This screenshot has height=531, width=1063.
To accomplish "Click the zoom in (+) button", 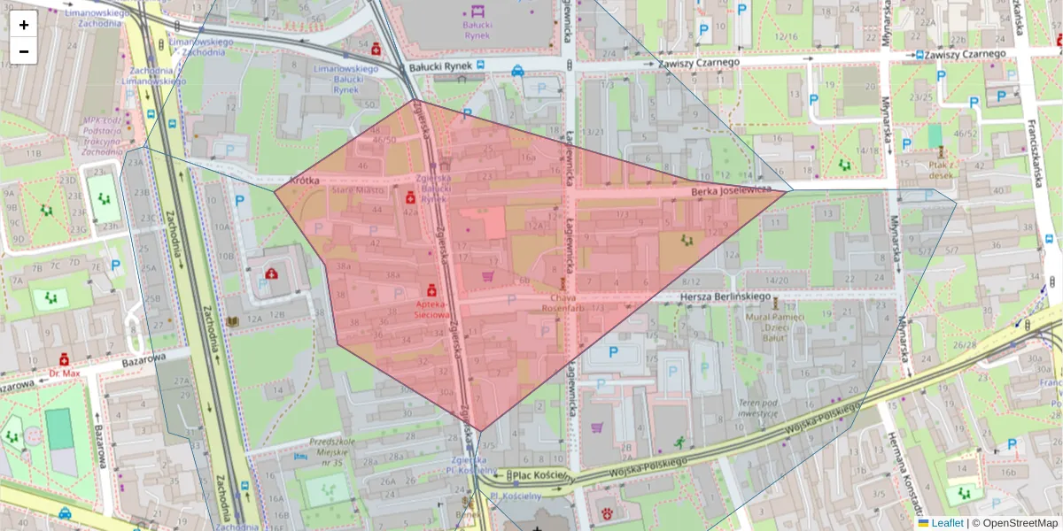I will [24, 25].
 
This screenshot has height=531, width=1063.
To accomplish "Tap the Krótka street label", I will [304, 180].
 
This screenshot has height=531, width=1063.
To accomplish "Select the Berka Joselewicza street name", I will [734, 190].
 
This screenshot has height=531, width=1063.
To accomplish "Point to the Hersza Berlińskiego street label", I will [727, 296].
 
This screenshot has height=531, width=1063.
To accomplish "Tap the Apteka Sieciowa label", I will [431, 308].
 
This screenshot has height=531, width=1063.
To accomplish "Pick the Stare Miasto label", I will [358, 189].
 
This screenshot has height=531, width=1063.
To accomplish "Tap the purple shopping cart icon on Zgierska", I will [486, 276].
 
